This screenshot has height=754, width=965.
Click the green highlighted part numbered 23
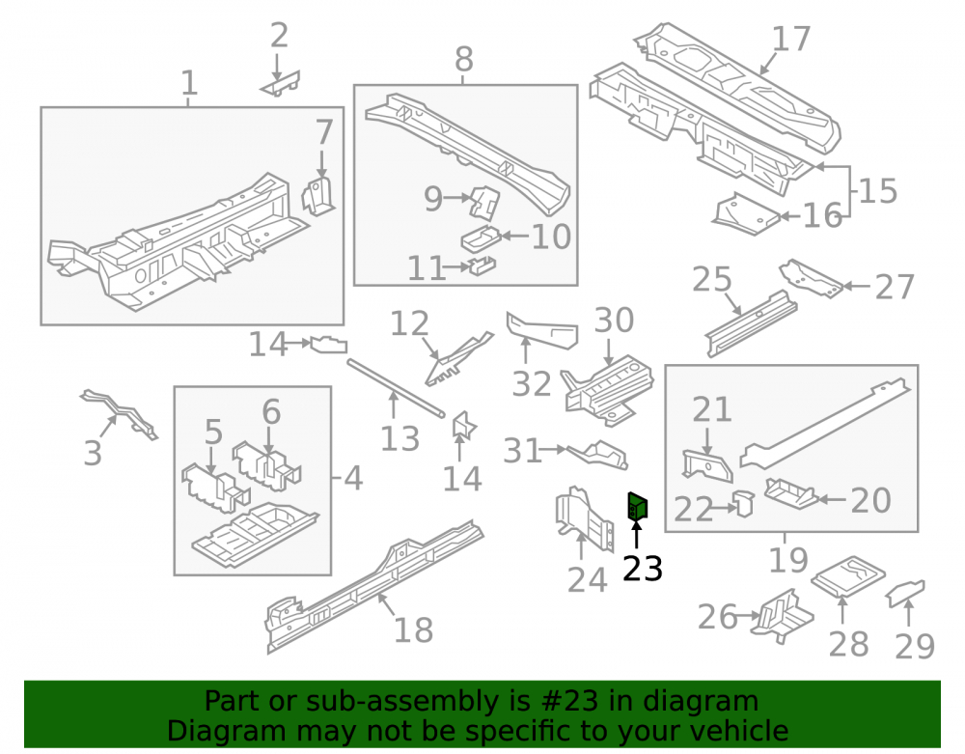637,507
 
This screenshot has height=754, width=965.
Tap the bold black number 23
643,568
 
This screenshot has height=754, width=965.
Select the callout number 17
791,39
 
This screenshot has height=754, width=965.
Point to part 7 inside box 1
318,195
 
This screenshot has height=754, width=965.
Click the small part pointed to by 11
482,265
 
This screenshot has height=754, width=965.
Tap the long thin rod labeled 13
396,388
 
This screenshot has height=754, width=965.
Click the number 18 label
413,629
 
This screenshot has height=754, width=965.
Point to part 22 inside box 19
744,503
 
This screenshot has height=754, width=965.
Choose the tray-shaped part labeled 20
791,493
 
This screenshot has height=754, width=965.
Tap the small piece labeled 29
905,593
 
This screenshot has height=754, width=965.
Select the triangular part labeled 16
746,214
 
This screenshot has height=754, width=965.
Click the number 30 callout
614,321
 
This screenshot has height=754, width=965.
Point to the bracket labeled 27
811,278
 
